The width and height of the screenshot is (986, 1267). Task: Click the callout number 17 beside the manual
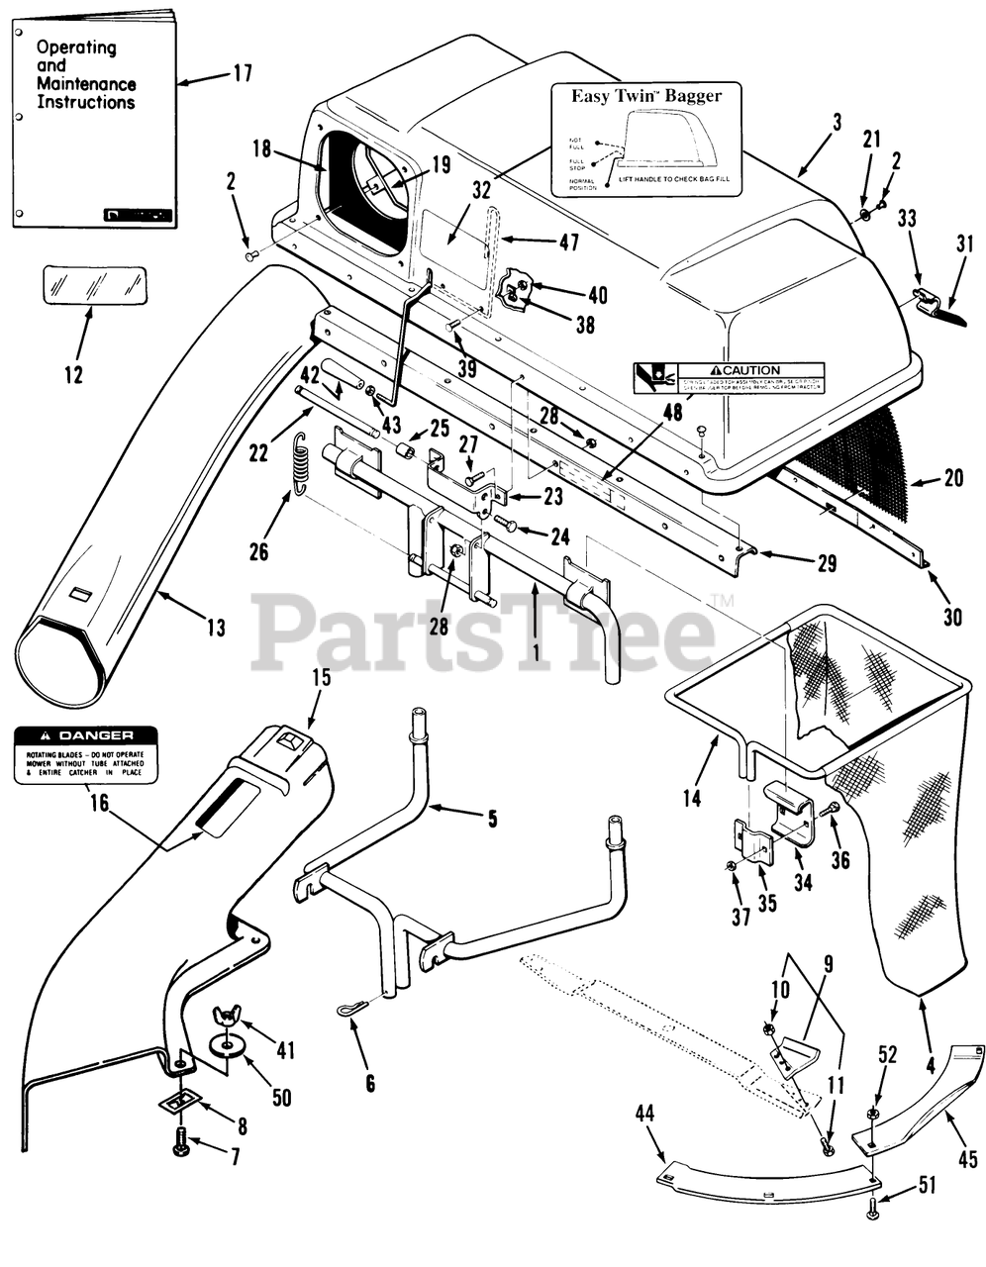point(243,72)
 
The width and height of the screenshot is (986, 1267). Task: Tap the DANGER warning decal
point(85,754)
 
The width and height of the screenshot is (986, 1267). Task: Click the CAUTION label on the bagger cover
point(729,378)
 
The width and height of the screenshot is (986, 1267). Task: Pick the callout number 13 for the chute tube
point(216,627)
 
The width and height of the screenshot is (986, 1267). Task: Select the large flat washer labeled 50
point(228,1048)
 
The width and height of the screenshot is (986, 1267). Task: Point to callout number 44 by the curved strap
point(644,1115)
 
